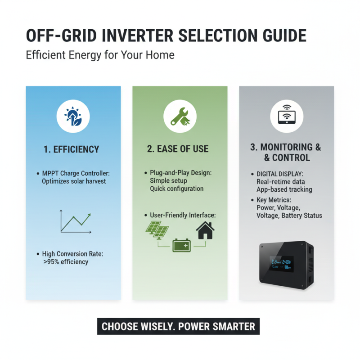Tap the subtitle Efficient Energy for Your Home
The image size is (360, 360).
point(100,55)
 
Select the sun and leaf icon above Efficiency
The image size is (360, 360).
point(72,116)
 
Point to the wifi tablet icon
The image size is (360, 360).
point(286,116)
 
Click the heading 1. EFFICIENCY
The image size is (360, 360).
point(72,149)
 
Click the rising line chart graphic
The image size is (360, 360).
point(76,221)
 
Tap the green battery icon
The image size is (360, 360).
point(182,246)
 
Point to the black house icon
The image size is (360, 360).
point(205,230)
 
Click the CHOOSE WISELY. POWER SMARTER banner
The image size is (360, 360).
point(178,326)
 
